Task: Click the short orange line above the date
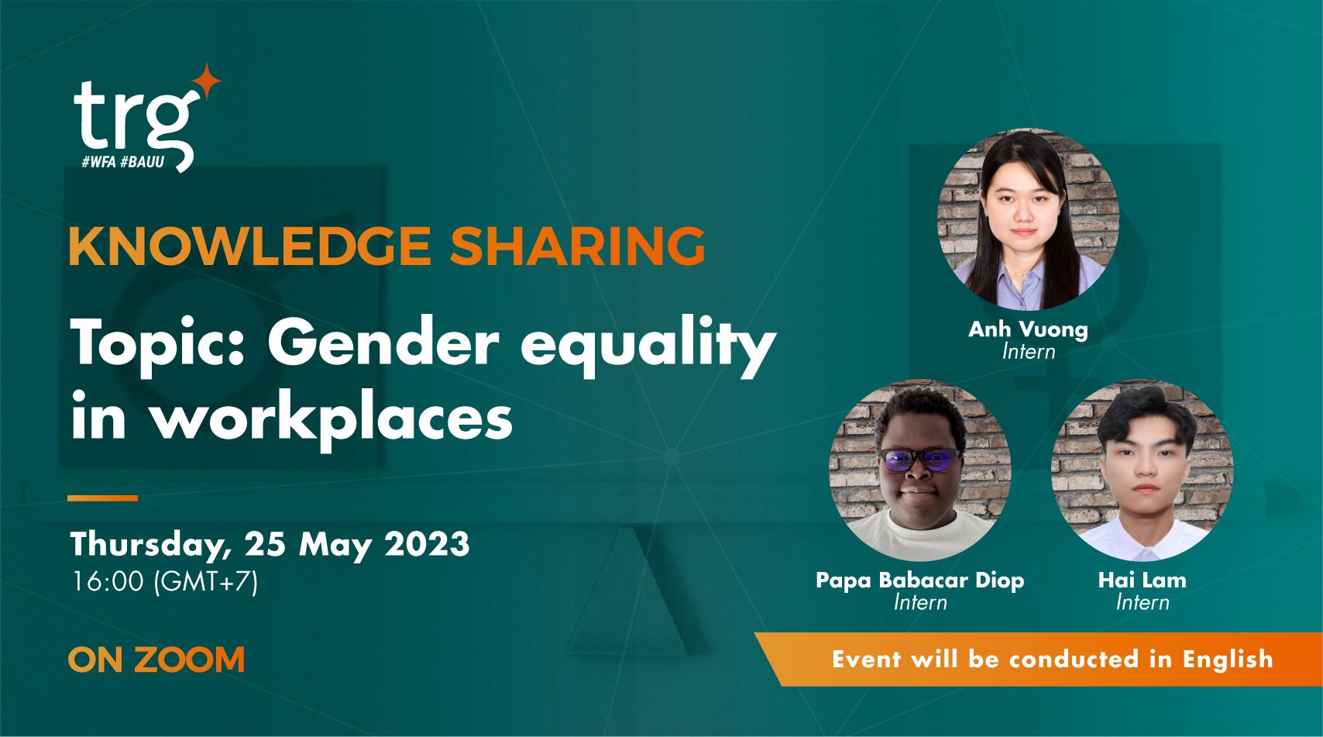103,498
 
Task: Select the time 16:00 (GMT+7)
163,582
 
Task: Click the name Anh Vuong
1027,329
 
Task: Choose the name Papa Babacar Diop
919,580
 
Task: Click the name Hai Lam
1142,580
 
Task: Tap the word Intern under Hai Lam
1142,602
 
